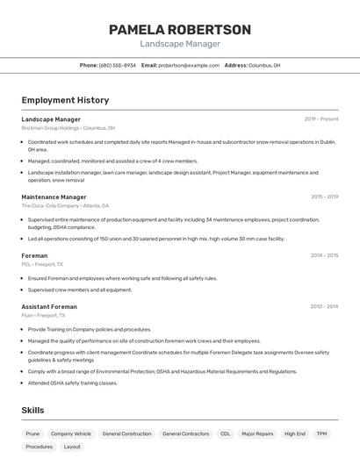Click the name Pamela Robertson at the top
[180, 30]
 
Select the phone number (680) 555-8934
[117, 65]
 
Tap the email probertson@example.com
[189, 65]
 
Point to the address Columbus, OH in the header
[264, 65]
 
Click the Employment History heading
[65, 101]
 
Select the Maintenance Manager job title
[54, 197]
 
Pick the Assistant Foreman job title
[49, 307]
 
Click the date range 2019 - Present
[321, 119]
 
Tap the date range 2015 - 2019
[324, 197]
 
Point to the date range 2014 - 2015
[324, 255]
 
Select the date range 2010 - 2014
[324, 307]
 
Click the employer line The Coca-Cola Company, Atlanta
[65, 205]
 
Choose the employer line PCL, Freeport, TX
[42, 263]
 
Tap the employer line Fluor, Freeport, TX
[44, 315]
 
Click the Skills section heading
[32, 411]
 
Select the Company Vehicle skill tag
[71, 433]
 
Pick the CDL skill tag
[226, 433]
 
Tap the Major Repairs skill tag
[258, 433]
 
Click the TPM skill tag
[322, 433]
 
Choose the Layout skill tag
[72, 447]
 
